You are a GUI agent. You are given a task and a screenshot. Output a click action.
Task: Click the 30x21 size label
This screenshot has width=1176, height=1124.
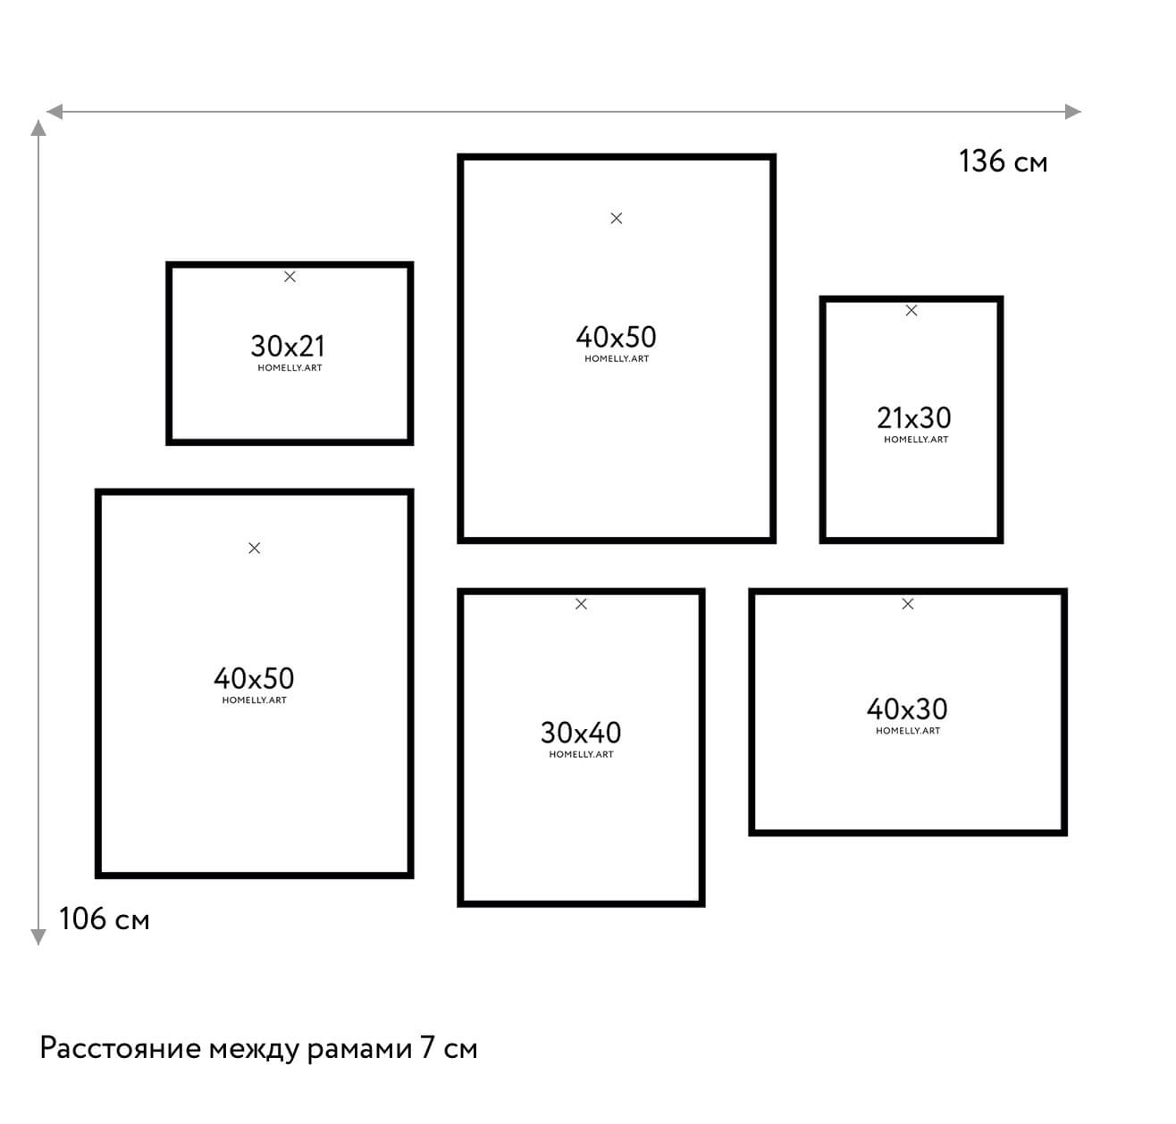[288, 347]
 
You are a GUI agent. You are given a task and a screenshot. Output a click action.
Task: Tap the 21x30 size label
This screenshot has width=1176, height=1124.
[914, 417]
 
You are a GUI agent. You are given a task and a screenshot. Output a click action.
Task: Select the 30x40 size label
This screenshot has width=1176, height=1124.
[581, 733]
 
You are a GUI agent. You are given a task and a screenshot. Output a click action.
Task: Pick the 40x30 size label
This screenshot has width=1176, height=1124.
[907, 709]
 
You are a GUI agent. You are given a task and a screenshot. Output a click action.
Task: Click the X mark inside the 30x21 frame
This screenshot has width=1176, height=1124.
[290, 277]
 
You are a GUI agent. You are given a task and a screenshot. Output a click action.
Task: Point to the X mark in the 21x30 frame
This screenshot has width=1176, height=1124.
[911, 311]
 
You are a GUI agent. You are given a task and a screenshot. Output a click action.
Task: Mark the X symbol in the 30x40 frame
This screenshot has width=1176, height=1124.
[582, 604]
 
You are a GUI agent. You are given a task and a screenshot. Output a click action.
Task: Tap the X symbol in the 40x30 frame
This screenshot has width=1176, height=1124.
[908, 604]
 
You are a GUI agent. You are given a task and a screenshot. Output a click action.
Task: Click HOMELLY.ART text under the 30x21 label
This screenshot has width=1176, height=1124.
[290, 367]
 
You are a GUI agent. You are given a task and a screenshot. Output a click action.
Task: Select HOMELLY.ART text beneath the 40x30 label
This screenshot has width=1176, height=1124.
[908, 731]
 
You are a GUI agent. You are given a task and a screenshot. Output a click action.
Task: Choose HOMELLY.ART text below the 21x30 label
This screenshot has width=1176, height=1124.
[916, 440]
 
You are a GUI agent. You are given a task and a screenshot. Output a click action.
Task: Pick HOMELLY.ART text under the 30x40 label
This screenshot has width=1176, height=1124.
[582, 754]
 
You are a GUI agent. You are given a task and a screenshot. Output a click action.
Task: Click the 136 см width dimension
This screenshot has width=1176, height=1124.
[1004, 162]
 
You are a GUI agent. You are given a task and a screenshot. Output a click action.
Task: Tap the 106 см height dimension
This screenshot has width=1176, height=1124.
[105, 919]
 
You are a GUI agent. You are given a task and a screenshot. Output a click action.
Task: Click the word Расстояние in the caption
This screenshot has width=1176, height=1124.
[121, 1049]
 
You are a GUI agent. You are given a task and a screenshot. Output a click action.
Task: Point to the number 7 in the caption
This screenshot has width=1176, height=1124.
[427, 1048]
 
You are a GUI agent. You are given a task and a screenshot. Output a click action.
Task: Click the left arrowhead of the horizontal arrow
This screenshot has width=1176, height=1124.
[55, 112]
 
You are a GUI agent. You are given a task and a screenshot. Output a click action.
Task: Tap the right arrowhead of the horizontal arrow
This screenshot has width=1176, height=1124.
[1072, 112]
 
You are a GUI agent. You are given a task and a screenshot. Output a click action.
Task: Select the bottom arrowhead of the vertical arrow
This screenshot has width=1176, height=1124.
[38, 937]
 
